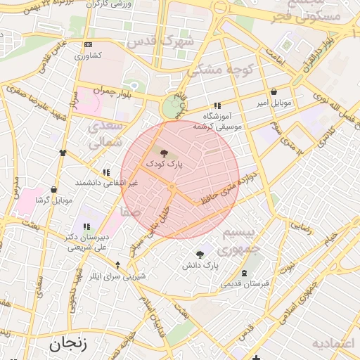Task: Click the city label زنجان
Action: coord(67,345)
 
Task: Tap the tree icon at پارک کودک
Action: coord(164,152)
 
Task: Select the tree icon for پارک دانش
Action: coord(200,255)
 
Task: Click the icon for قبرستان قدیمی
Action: coord(244,273)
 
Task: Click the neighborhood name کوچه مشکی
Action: coord(215,70)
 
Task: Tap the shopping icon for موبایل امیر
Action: coord(274,91)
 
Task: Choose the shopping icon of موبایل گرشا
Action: coord(53,189)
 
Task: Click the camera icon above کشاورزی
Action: coord(88,44)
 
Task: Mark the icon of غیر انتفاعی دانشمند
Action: coord(106,172)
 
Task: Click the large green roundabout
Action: coord(171,107)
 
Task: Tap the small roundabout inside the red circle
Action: coord(172,186)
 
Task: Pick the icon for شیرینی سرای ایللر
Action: coord(117,264)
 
